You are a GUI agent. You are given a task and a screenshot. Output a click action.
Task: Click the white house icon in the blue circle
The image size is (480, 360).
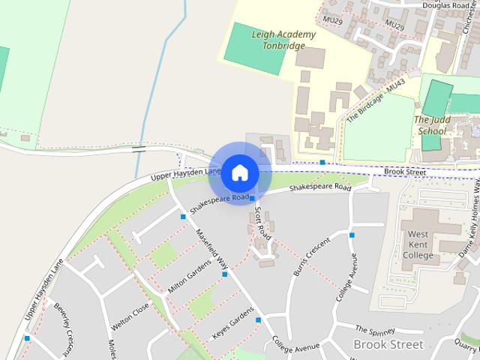[239, 172]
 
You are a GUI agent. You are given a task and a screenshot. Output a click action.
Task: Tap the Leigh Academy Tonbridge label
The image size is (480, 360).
[274, 40]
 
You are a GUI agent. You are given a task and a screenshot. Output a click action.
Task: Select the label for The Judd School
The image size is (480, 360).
[430, 125]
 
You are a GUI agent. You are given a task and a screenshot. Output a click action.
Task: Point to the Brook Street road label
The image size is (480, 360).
[404, 172]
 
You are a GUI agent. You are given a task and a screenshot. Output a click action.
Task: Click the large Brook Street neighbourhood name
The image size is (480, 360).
[388, 344]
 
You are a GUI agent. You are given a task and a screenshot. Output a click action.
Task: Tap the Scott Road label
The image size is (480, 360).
[262, 223]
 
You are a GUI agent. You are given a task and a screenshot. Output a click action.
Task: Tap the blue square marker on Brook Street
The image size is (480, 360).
[322, 162]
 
